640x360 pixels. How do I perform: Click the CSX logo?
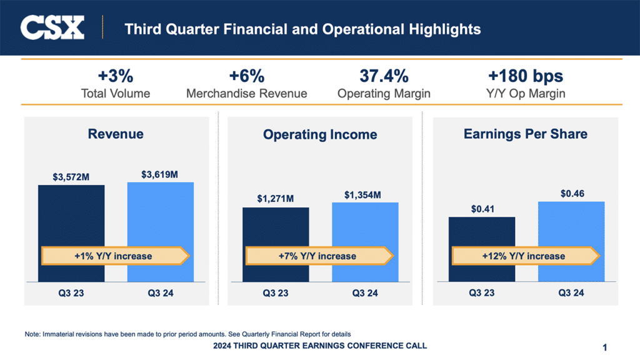pos(52,28)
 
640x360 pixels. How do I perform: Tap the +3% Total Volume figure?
pos(116,77)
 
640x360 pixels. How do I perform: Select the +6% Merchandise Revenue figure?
pos(246,77)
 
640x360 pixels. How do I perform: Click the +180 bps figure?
pos(525,77)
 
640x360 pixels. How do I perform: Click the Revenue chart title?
pos(116,134)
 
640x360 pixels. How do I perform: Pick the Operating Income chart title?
pos(320,134)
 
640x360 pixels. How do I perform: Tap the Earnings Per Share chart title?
pos(525,134)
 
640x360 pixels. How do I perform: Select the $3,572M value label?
pos(71,177)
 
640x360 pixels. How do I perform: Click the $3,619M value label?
pos(160,174)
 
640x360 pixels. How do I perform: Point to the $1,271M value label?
pos(276,199)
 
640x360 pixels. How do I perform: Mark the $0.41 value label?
pos(481,209)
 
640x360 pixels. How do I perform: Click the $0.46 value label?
pos(571,194)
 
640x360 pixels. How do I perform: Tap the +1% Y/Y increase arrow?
pos(115,256)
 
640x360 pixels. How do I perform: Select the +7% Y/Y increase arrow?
pos(319,256)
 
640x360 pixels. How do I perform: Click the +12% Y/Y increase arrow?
pos(525,256)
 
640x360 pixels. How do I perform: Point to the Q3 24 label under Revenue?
pos(161,293)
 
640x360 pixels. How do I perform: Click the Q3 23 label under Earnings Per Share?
pos(482,293)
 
